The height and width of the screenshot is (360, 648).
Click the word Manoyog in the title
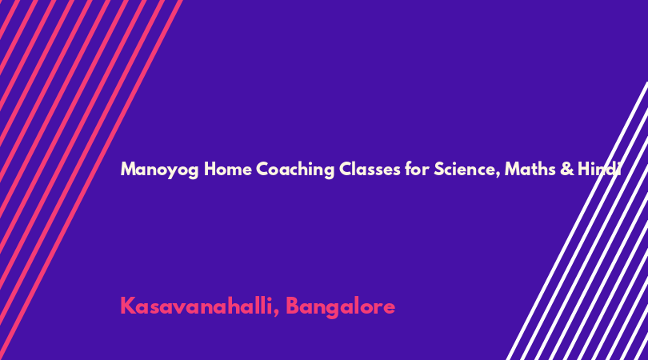click(x=159, y=170)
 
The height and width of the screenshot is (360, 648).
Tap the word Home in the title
click(x=228, y=169)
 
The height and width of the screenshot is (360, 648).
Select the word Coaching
click(x=295, y=170)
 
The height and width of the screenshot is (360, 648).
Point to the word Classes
click(x=370, y=169)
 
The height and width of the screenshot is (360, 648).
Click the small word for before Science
click(x=417, y=169)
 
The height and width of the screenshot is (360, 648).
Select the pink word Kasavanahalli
click(x=196, y=306)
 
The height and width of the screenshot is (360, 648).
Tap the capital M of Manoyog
click(x=129, y=169)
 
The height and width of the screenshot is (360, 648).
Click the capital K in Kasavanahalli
click(x=128, y=306)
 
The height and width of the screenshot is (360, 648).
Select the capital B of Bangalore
click(x=294, y=306)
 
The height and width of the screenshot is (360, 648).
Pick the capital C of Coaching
click(x=263, y=169)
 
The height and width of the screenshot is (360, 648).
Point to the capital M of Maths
click(x=513, y=169)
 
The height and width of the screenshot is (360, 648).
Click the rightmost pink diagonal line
click(x=92, y=180)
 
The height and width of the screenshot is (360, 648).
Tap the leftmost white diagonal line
click(x=577, y=221)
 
